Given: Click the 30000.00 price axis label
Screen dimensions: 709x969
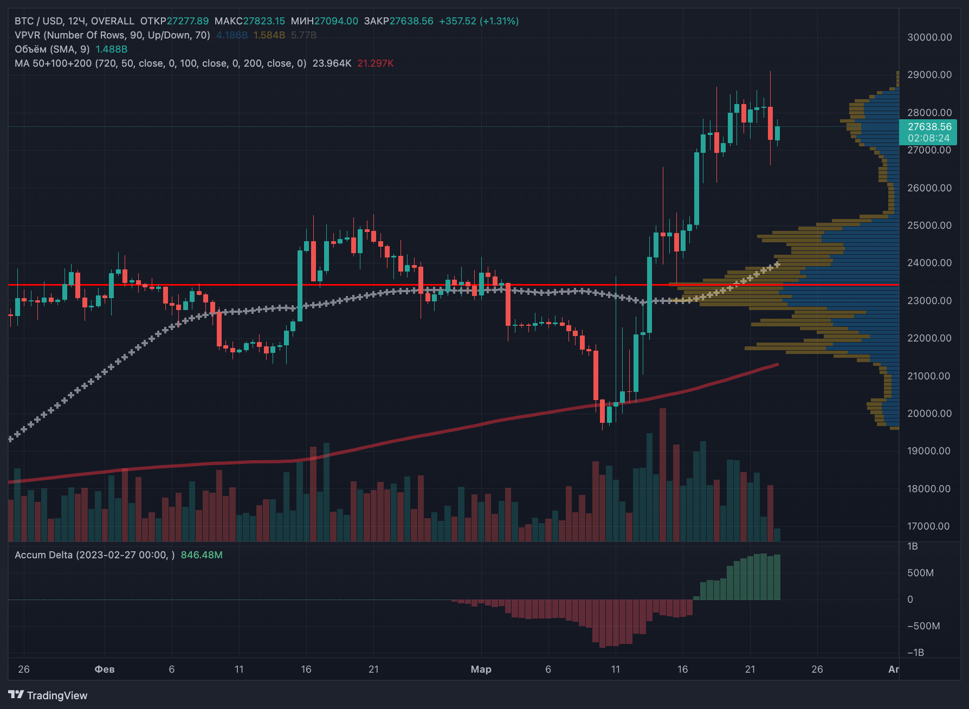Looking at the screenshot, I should click(x=929, y=37).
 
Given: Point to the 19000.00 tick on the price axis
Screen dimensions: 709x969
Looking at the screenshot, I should click(x=929, y=451).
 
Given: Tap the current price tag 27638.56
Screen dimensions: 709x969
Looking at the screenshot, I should click(x=929, y=127).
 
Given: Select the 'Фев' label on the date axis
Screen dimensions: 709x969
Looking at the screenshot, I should click(x=105, y=669).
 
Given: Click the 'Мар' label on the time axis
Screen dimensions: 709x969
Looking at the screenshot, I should click(x=481, y=669).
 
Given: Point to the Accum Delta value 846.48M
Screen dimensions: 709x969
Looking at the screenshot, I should click(x=202, y=555).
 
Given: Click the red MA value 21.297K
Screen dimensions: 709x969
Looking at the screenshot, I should click(x=375, y=63).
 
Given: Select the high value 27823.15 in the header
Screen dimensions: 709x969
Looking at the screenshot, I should click(x=263, y=21).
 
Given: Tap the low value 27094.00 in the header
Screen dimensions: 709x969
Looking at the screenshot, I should click(x=336, y=21).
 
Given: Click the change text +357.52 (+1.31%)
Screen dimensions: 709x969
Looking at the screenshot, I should click(x=479, y=21).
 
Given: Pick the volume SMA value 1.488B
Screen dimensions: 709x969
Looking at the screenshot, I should click(x=112, y=49).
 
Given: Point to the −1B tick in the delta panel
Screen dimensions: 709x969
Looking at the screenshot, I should click(x=916, y=653).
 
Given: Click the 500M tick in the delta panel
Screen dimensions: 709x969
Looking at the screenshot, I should click(x=920, y=573).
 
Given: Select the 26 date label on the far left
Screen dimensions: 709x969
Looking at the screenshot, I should click(x=24, y=669).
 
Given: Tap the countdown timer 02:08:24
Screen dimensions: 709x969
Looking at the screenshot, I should click(x=929, y=138).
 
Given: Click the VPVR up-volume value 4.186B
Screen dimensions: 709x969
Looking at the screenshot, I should click(x=232, y=35).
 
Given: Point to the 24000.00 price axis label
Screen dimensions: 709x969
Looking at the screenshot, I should click(x=929, y=263).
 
